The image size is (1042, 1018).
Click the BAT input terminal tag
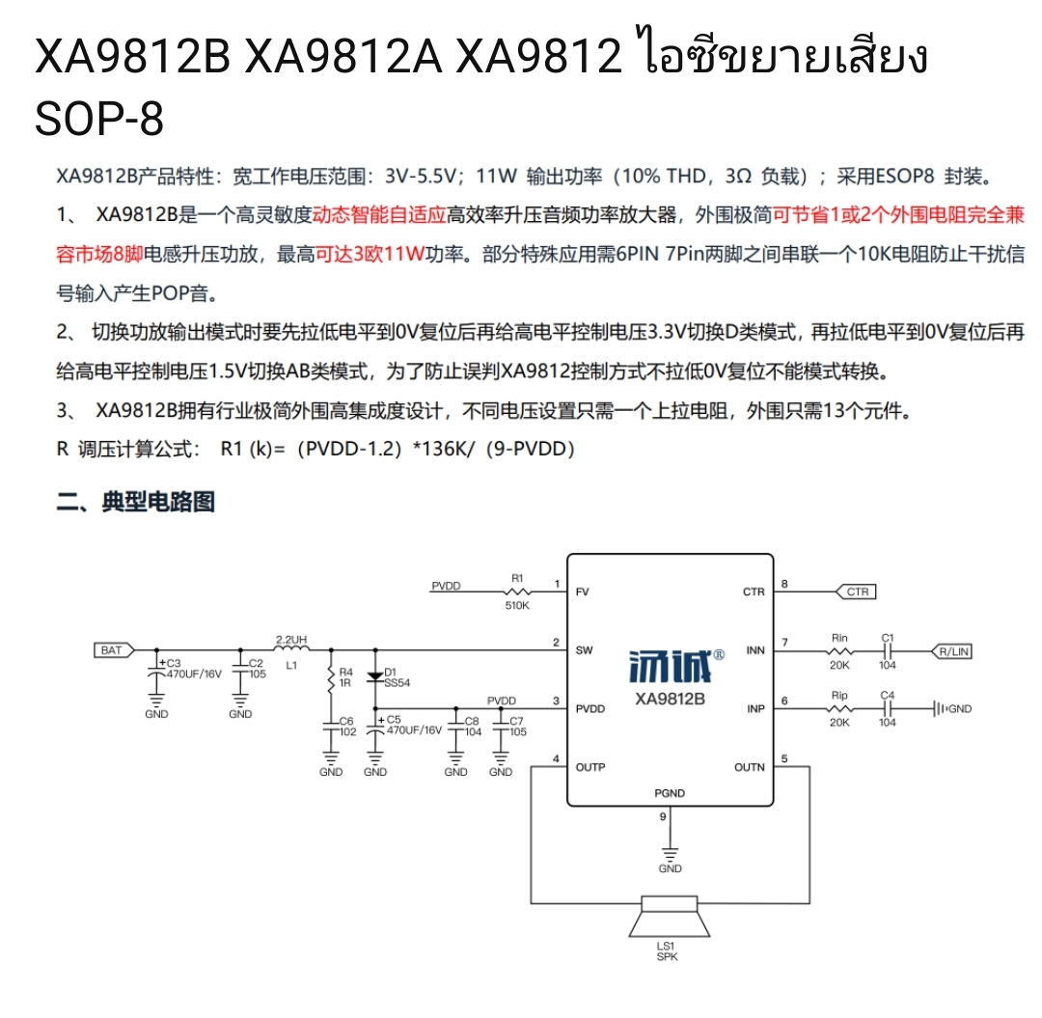(114, 649)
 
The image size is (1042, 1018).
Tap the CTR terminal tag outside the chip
(856, 592)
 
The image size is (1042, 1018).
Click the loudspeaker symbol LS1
(670, 917)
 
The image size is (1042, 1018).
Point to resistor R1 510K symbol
(518, 592)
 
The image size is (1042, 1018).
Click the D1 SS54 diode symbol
(375, 675)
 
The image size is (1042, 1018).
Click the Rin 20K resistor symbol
(839, 651)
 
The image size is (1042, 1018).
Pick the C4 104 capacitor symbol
(888, 709)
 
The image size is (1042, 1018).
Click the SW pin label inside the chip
(584, 650)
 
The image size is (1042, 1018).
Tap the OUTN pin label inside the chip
(750, 767)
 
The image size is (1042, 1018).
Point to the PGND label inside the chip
(670, 793)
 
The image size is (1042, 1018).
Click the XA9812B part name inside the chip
(670, 699)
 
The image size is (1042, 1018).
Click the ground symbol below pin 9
(670, 853)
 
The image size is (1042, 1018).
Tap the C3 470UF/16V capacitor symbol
(157, 674)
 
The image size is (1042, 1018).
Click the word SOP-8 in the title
(99, 120)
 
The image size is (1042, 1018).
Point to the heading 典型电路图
(158, 502)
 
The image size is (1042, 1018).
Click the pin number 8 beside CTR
(784, 584)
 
